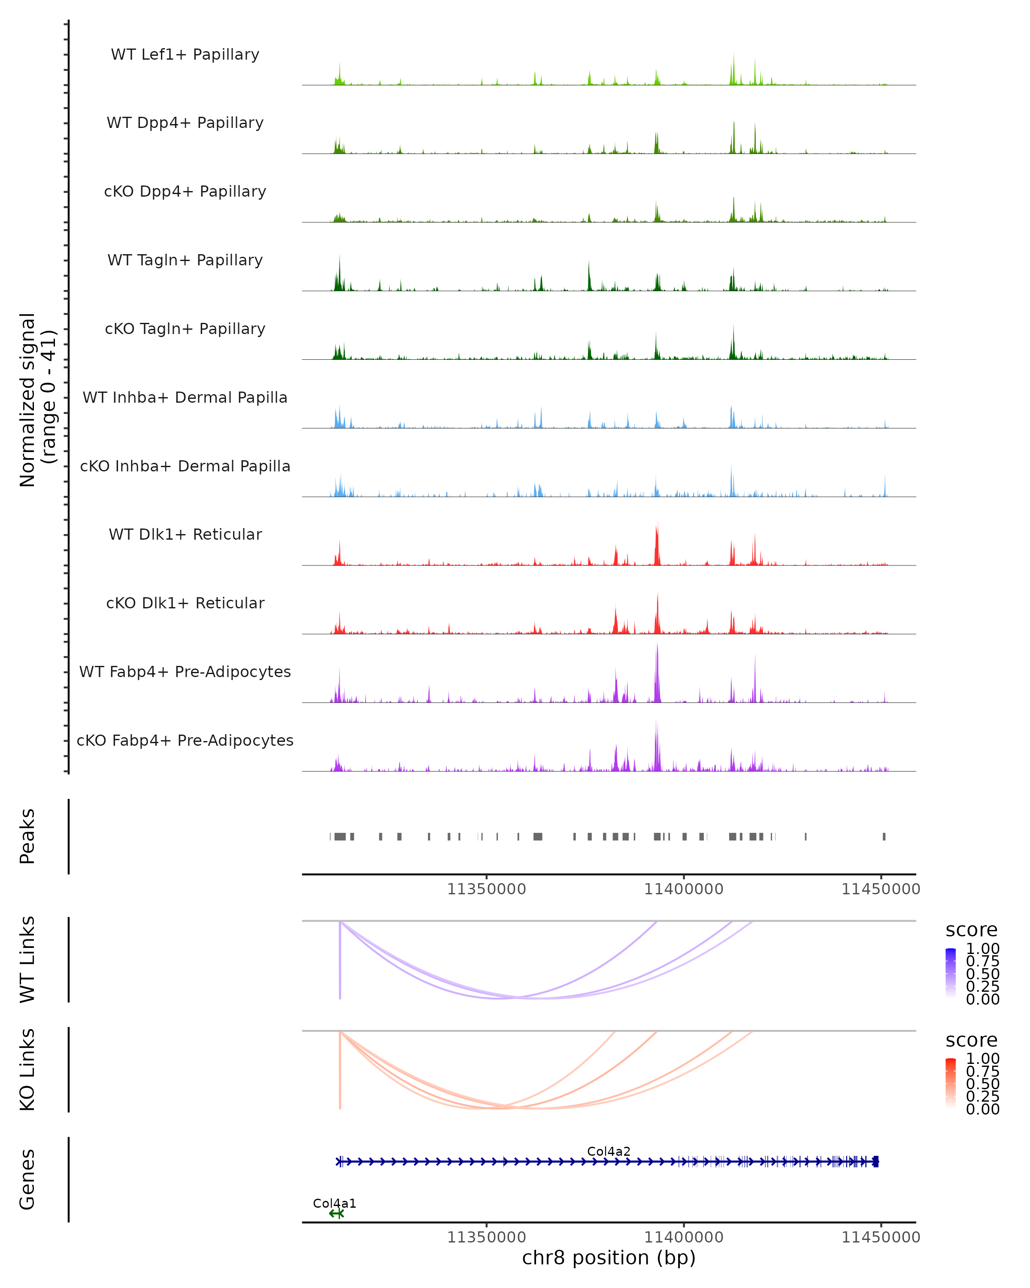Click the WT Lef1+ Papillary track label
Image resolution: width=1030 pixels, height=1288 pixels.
(185, 55)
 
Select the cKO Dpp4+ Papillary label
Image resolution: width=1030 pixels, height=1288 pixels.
(185, 192)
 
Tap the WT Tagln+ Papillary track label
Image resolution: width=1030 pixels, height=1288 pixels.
(185, 261)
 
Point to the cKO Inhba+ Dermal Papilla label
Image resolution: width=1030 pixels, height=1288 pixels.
(185, 467)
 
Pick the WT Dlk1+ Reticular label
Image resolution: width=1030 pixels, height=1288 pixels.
(185, 535)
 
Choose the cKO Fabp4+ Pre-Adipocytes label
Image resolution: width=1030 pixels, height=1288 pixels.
(185, 741)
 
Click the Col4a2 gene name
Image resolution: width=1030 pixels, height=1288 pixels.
(609, 1151)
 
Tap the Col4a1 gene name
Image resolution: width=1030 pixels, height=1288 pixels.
(334, 1203)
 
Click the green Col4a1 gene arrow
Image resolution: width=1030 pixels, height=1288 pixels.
(336, 1213)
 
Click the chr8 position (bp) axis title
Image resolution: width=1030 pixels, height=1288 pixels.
(609, 1258)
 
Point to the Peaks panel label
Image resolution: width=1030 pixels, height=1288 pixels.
(27, 836)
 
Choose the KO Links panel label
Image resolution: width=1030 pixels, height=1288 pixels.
(27, 1069)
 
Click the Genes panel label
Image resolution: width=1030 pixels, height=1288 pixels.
(27, 1179)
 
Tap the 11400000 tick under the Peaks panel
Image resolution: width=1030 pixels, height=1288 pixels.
(684, 889)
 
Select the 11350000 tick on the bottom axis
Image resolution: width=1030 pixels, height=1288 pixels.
(487, 1236)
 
